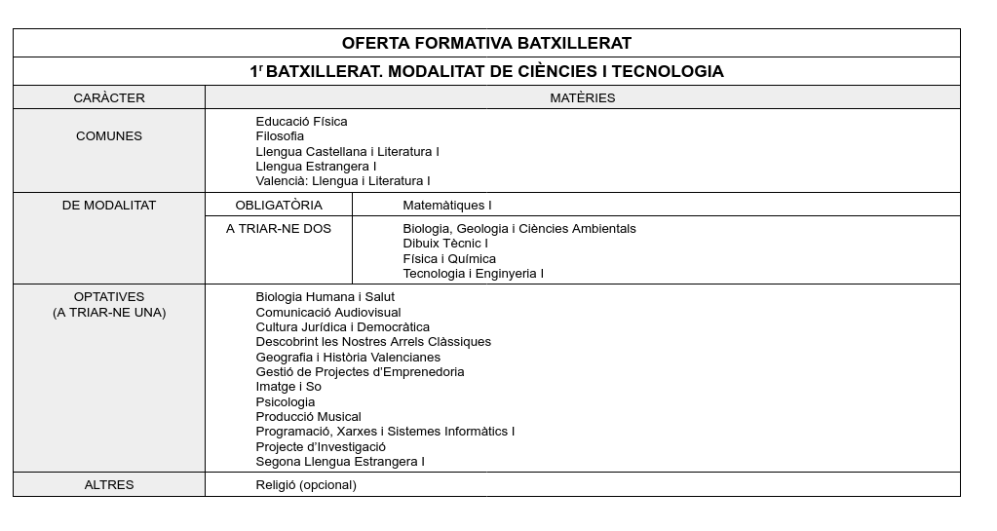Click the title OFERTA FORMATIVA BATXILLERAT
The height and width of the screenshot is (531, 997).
pyautogui.click(x=486, y=43)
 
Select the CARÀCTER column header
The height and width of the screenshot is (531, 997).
pyautogui.click(x=109, y=97)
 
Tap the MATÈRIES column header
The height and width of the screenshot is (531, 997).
pyautogui.click(x=582, y=97)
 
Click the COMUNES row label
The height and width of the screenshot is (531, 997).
pyautogui.click(x=109, y=136)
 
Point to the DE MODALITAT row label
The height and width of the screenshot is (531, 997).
pyautogui.click(x=109, y=206)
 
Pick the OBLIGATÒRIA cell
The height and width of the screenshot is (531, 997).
pyautogui.click(x=279, y=206)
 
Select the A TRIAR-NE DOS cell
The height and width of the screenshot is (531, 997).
pyautogui.click(x=279, y=229)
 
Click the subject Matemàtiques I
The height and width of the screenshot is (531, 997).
pyautogui.click(x=447, y=206)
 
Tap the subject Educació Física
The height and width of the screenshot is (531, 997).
pyautogui.click(x=301, y=122)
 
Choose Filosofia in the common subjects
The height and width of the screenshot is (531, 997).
pyautogui.click(x=280, y=136)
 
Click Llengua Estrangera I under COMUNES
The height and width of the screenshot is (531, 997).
pyautogui.click(x=316, y=167)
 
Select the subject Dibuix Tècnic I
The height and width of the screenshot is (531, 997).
pyautogui.click(x=445, y=244)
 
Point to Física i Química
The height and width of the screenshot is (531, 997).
pyautogui.click(x=449, y=259)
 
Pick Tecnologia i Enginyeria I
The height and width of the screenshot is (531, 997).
pyautogui.click(x=473, y=274)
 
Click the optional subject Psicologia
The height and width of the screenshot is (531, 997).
pyautogui.click(x=286, y=402)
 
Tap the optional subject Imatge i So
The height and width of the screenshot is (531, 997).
pyautogui.click(x=288, y=387)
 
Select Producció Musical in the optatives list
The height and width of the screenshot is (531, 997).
pyautogui.click(x=308, y=417)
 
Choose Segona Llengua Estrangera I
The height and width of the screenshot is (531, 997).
pyautogui.click(x=340, y=462)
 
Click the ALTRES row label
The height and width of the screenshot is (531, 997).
pyautogui.click(x=109, y=485)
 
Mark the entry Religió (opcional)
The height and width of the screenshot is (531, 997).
pyautogui.click(x=306, y=485)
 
